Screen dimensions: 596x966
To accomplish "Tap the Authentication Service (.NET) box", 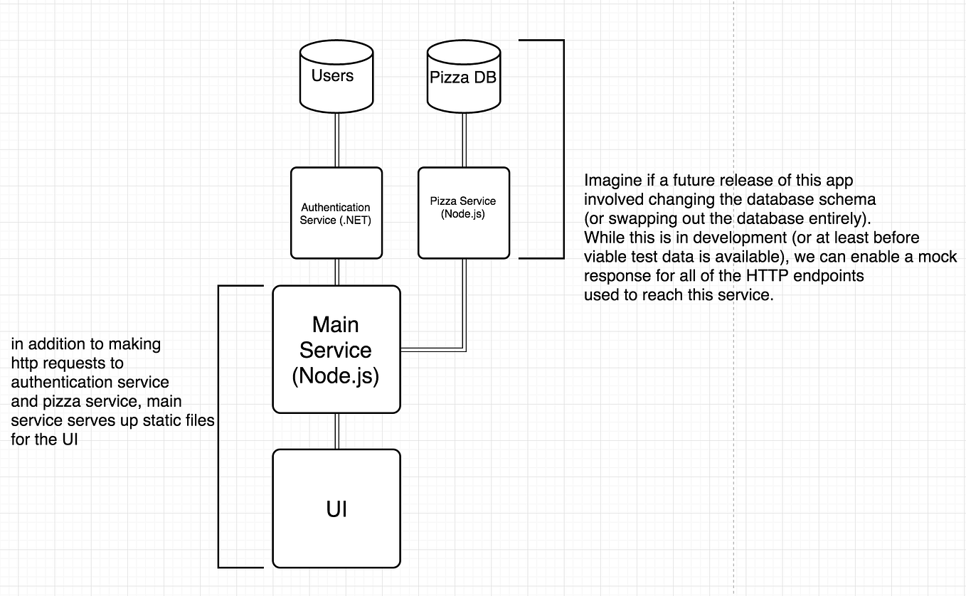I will (x=336, y=213).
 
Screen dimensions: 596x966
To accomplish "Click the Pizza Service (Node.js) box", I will (x=463, y=213).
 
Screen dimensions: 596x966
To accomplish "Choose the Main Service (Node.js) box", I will (x=336, y=349).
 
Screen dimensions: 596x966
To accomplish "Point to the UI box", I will (x=336, y=509).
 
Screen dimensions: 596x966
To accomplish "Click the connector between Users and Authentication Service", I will (x=336, y=139).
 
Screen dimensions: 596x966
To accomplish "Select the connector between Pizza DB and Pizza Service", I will (x=464, y=139).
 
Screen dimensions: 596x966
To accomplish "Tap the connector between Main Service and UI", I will (x=336, y=431).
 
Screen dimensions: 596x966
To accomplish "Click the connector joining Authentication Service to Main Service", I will (x=336, y=271).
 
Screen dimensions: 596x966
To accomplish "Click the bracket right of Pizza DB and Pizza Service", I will (x=562, y=149).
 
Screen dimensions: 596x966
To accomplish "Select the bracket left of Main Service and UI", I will (x=219, y=427).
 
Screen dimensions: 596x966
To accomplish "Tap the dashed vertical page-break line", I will (x=733, y=427).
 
